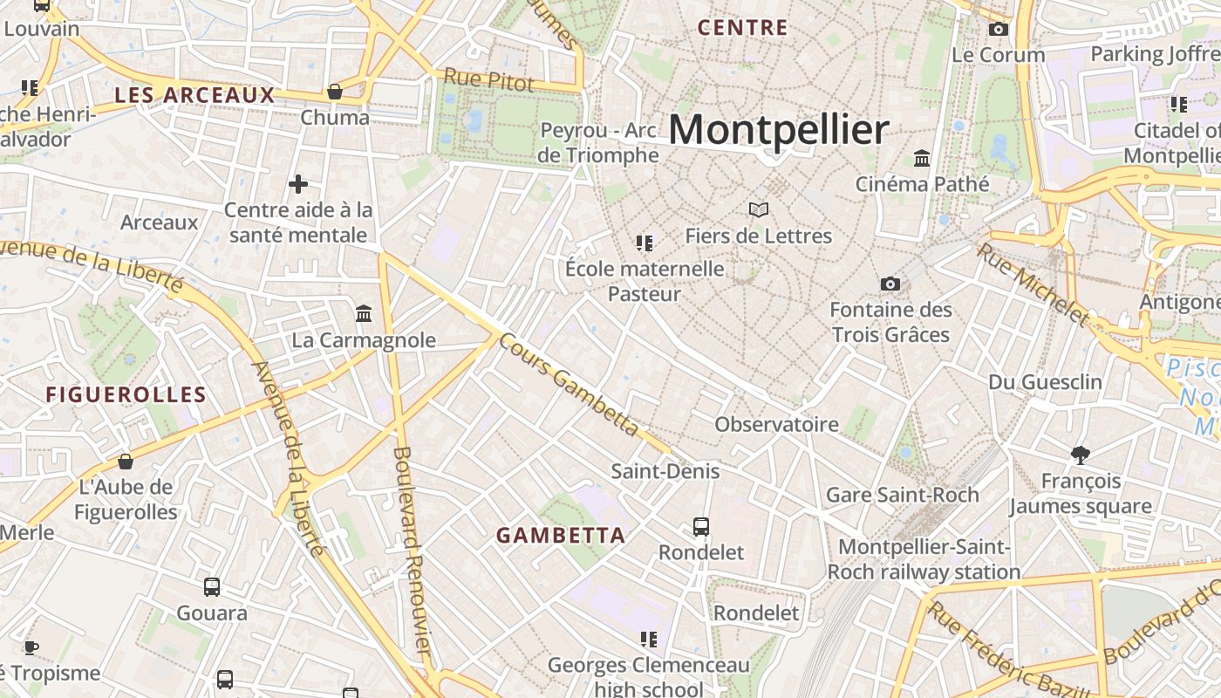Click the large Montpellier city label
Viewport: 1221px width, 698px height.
[779, 130]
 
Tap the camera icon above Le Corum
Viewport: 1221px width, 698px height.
[999, 30]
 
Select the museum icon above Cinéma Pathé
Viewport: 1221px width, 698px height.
[922, 158]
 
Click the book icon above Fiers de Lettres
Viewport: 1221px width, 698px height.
[759, 209]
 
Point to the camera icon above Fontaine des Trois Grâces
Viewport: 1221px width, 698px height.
[890, 284]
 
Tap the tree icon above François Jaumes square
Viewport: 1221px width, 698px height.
[1081, 455]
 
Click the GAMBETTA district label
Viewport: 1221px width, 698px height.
[561, 536]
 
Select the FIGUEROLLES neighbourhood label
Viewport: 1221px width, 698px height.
[126, 394]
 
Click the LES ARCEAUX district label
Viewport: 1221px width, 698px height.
[194, 95]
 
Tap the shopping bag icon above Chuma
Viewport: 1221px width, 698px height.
[334, 92]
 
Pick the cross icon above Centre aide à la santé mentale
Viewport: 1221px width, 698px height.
[298, 184]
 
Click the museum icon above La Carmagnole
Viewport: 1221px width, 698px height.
[364, 313]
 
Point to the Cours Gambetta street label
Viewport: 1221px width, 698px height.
[569, 385]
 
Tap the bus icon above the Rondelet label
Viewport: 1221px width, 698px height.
[701, 526]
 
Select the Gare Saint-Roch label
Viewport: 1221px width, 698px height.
[902, 495]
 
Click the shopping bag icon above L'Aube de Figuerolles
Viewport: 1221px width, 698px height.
[126, 461]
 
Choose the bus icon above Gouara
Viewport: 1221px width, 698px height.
[212, 587]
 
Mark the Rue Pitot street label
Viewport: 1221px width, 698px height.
[488, 79]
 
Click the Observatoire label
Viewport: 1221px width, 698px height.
[776, 425]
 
